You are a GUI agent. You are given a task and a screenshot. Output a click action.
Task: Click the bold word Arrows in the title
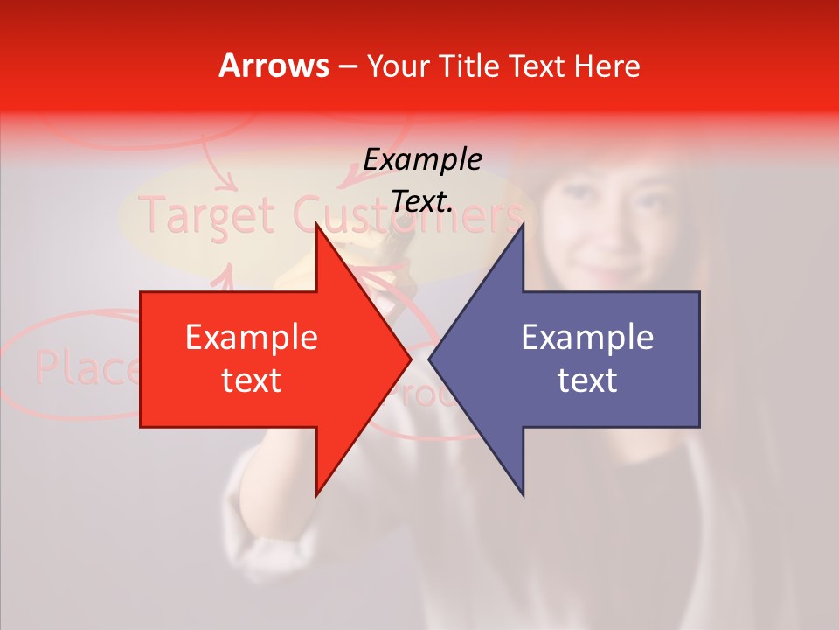point(274,66)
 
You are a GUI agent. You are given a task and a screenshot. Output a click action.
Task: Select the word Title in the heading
point(467,66)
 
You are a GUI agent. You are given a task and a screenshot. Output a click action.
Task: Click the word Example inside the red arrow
point(252,338)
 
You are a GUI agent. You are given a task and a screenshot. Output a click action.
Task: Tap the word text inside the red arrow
point(252,381)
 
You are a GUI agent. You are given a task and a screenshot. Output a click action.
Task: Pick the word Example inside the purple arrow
point(587,338)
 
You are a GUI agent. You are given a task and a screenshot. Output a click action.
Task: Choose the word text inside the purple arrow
point(587,381)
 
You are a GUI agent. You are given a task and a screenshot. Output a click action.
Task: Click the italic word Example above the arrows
point(423,159)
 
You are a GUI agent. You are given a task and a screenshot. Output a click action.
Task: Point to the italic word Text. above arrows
point(423,201)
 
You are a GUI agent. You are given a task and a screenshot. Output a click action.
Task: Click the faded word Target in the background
point(208,214)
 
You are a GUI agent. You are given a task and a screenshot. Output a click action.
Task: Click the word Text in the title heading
point(535,66)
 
